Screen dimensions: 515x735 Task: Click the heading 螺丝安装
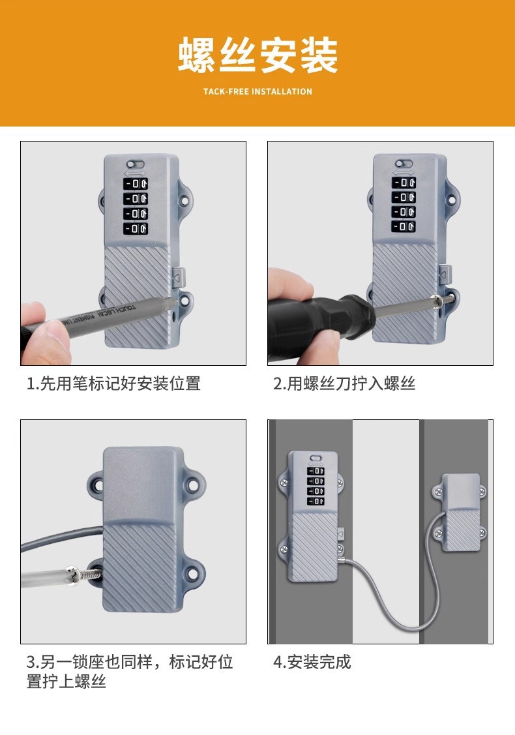pos(257,55)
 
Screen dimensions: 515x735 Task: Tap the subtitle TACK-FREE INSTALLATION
pos(257,91)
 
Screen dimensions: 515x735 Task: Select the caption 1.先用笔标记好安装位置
pos(113,383)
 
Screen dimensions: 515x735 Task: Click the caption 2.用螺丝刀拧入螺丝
pos(344,383)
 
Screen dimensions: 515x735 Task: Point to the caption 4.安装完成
pos(312,662)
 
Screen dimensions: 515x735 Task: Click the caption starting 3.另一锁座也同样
pos(130,671)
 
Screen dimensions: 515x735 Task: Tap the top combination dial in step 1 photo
pos(136,184)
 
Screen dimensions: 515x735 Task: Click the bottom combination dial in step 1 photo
pos(136,229)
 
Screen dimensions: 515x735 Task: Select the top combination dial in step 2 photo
pos(404,183)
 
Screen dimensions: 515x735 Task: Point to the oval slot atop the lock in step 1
pos(136,164)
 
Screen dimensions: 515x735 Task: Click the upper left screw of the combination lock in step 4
pos(284,483)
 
